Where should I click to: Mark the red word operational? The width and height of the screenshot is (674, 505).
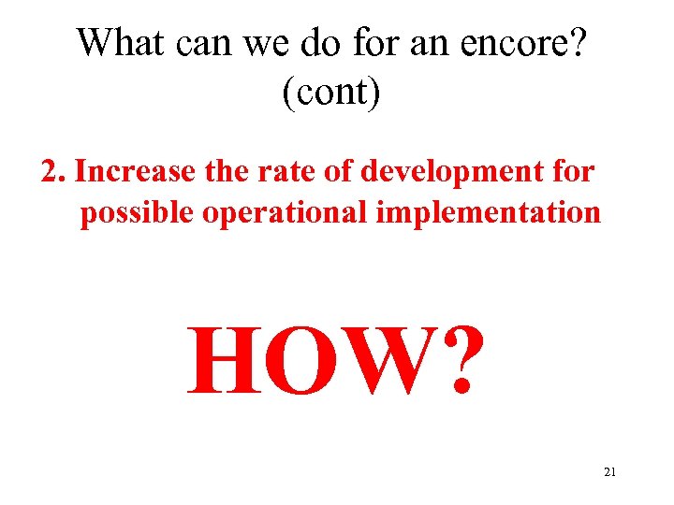(286, 213)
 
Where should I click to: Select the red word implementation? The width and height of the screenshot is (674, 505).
(488, 213)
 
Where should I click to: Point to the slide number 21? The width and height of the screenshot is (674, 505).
(610, 472)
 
